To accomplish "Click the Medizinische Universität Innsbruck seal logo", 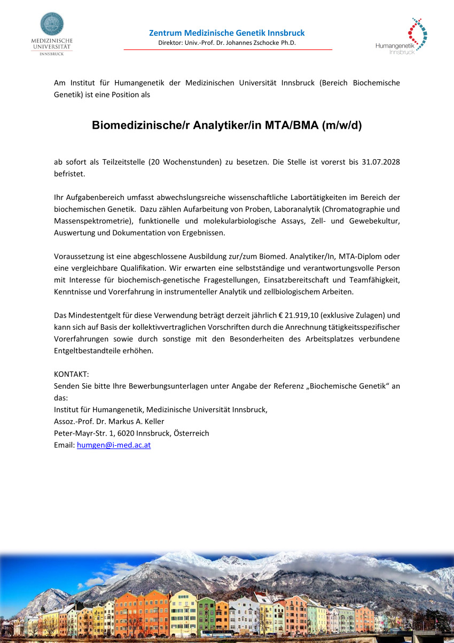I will pyautogui.click(x=52, y=25).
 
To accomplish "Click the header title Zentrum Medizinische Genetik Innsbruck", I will pyautogui.click(x=227, y=33).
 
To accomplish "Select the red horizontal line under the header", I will pyautogui.click(x=228, y=49).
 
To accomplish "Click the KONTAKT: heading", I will pyautogui.click(x=71, y=374).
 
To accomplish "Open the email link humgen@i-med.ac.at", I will pyautogui.click(x=114, y=445).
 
